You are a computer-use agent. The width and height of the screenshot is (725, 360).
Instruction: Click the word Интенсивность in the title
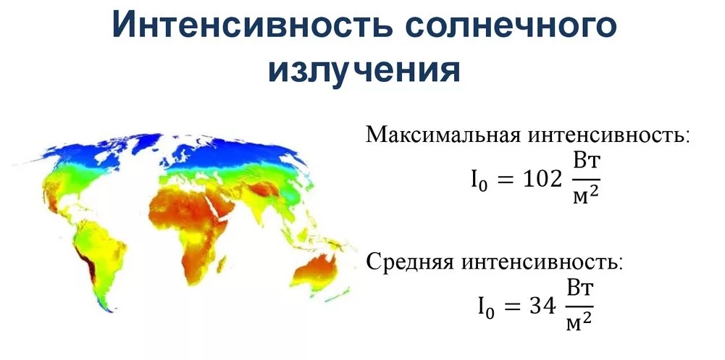click(x=252, y=26)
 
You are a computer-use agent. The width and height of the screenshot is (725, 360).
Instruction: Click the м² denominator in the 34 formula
click(x=579, y=320)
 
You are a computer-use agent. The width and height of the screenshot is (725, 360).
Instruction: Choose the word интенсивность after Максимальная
click(x=607, y=135)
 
